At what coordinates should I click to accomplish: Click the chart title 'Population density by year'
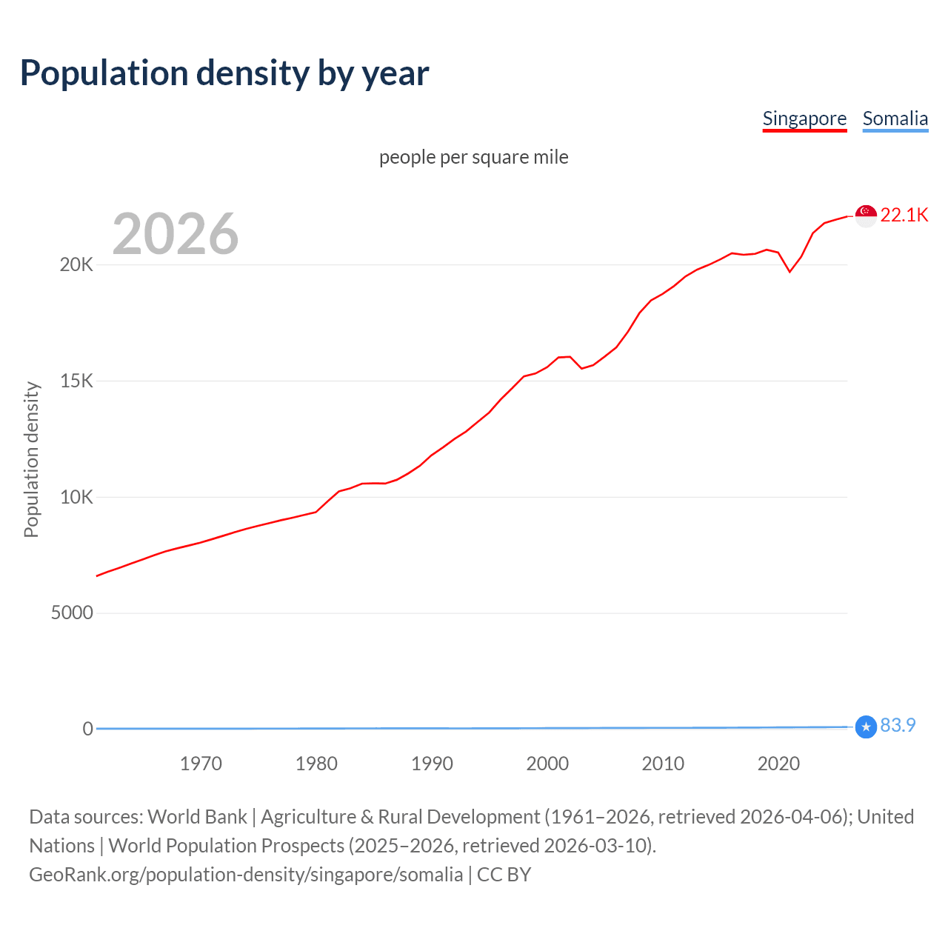coord(224,73)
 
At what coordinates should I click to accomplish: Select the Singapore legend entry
coord(804,118)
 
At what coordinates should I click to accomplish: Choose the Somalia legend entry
coord(895,118)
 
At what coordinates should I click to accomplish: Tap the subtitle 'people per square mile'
coord(473,157)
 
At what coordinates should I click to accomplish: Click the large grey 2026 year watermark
coord(176,234)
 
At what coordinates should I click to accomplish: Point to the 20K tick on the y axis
coord(76,265)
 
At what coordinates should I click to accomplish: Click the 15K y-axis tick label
coord(76,381)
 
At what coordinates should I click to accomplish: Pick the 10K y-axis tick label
coord(76,497)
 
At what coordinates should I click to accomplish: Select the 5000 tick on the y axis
coord(72,613)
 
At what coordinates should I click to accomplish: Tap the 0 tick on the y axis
coord(88,729)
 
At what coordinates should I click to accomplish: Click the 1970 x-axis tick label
coord(201,764)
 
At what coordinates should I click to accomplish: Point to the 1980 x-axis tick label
coord(316,764)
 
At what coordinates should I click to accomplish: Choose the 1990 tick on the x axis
coord(432,764)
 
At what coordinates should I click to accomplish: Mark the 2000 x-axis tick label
coord(547,764)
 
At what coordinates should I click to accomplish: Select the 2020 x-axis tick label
coord(778,764)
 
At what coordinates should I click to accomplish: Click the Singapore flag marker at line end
coord(866,216)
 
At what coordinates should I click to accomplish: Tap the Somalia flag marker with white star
coord(866,727)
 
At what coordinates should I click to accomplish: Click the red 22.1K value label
coord(904,215)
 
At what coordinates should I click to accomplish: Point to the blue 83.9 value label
coord(898,726)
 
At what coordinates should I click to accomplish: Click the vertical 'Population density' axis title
coord(31,459)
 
